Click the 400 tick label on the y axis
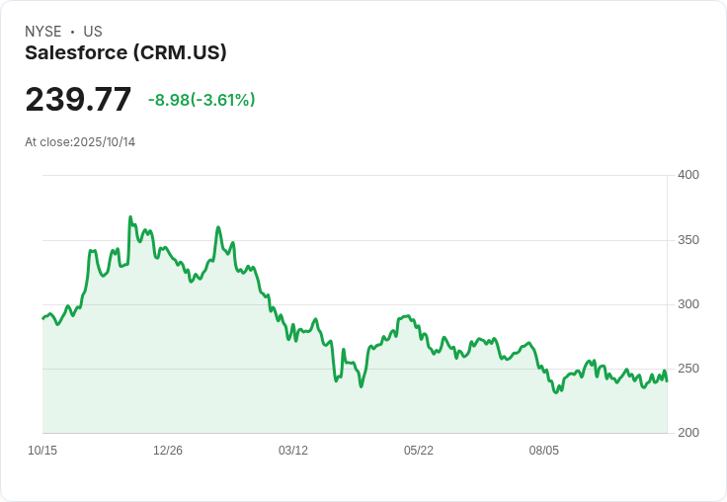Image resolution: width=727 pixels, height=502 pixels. (x=687, y=175)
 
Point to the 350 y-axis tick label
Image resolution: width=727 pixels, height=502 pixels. (x=687, y=240)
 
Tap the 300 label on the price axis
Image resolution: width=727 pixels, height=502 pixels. (x=687, y=304)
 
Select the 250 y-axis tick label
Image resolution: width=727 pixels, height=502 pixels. (x=687, y=369)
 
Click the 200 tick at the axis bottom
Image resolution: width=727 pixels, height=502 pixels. (x=687, y=433)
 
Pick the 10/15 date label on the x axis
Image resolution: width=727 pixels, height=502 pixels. (x=42, y=451)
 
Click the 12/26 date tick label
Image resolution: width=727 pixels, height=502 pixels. (x=168, y=451)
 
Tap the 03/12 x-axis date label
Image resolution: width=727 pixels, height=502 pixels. (x=293, y=451)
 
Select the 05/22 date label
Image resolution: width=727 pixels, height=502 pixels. (x=419, y=451)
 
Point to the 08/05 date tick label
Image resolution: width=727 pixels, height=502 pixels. (x=544, y=451)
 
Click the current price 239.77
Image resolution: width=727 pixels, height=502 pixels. (x=78, y=100)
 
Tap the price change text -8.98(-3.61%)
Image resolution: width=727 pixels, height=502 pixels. (x=202, y=100)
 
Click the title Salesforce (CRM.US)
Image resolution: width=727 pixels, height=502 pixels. (x=125, y=52)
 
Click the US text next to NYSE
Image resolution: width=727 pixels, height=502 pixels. (x=93, y=32)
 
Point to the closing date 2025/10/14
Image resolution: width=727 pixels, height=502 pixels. (x=105, y=142)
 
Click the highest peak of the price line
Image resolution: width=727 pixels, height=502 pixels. (x=130, y=217)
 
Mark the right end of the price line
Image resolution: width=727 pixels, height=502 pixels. (x=667, y=380)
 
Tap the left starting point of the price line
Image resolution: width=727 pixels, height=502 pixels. (x=42, y=318)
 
